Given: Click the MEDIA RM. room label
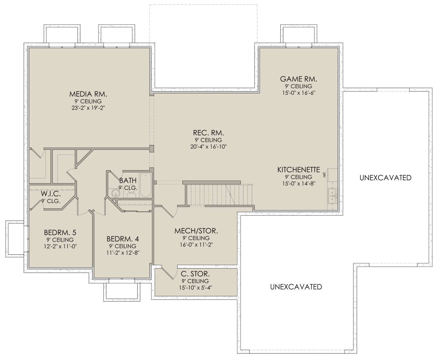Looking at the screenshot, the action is point(88,94).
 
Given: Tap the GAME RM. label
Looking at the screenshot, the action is point(299,79).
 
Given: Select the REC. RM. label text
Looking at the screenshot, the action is point(208,133).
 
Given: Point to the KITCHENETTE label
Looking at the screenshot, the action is point(299,170).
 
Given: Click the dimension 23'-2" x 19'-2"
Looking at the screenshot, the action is point(88,108).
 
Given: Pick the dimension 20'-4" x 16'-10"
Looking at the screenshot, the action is point(208,146).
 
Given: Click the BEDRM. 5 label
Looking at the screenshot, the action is point(60,232).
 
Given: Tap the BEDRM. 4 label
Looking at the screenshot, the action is point(123,239).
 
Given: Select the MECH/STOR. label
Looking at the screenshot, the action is point(196,231).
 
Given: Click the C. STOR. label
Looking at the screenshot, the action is point(195,274).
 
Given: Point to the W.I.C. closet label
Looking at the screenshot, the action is point(51,194).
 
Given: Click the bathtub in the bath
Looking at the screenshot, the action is point(146,185).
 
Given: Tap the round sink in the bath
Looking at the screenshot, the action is point(115,193).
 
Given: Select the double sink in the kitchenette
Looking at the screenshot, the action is point(332,196).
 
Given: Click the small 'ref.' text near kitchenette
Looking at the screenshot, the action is point(324,175).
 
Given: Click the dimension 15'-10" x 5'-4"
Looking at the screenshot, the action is point(196,288).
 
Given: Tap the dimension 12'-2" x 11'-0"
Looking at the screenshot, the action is point(60,246).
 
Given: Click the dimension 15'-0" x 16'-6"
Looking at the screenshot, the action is point(299,93).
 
